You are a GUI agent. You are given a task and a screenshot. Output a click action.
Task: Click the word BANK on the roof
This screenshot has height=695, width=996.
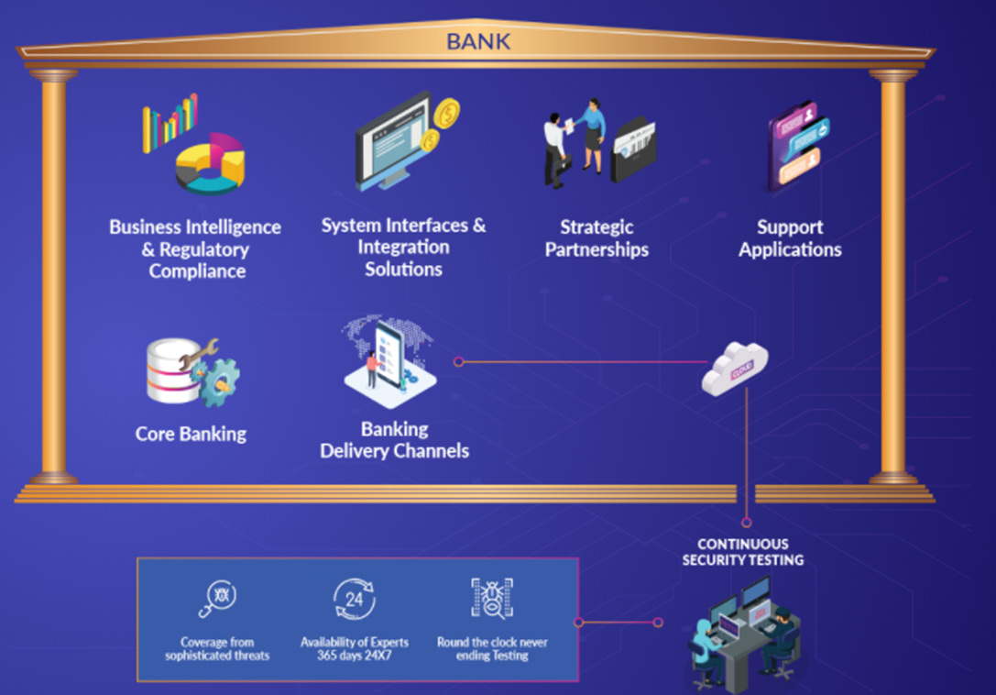coord(478,41)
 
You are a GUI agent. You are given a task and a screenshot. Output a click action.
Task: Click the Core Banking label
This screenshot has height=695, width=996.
coord(191,434)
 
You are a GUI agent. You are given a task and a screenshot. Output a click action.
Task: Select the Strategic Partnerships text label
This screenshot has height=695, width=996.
coord(597,238)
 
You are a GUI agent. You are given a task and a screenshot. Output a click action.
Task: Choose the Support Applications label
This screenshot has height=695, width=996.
coord(790,238)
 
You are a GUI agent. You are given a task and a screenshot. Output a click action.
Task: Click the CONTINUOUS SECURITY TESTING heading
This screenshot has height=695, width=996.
coord(742,552)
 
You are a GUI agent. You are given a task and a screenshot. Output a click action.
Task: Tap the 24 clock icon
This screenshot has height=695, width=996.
coord(354,601)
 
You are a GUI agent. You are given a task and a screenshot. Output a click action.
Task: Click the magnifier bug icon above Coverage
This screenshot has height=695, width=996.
coord(217,600)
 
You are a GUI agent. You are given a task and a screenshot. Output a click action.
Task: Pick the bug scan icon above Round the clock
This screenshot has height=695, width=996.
coord(491,598)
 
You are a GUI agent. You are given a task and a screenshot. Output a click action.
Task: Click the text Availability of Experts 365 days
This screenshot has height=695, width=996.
coord(355,649)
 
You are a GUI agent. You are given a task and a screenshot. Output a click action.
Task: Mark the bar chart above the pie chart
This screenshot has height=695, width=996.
coord(170,122)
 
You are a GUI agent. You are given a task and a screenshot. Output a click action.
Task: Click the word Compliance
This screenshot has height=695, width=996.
coord(197,271)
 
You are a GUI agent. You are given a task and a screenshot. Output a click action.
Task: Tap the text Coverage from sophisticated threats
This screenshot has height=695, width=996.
coord(217,649)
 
